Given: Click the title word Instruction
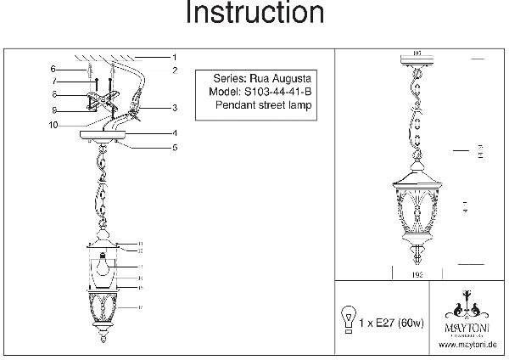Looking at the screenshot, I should pos(255,14).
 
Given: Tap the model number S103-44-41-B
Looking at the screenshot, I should pos(276,90).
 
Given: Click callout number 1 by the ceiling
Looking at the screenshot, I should pos(173,56).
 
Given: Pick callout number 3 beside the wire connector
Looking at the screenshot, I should pos(173,108).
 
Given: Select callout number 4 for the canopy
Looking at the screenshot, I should pos(173,133).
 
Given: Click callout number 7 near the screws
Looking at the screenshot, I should pos(53,82).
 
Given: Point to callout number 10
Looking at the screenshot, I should pos(53,125).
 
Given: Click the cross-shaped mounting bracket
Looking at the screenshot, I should pos(100,101).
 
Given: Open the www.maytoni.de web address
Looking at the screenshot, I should pos(467,346).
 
